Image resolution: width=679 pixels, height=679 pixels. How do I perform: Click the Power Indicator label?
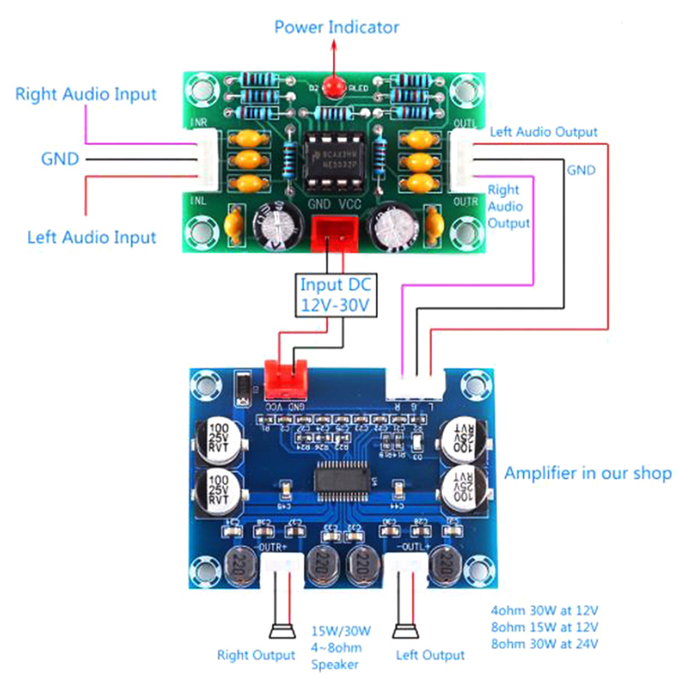336,27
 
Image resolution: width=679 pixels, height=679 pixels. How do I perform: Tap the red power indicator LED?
336,86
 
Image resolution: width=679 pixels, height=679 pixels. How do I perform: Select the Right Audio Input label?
86,94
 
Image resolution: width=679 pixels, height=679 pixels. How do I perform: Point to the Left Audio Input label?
92,237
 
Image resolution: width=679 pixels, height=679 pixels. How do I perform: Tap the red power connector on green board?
334,231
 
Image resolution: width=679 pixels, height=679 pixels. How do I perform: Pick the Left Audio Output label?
543,132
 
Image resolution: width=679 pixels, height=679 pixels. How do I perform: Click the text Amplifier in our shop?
587,473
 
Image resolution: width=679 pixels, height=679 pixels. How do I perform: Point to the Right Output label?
256,654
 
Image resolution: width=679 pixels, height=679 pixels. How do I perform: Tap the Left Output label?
430,654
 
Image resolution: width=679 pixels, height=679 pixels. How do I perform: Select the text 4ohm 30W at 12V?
544,610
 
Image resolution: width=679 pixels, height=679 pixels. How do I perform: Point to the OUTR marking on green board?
468,201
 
